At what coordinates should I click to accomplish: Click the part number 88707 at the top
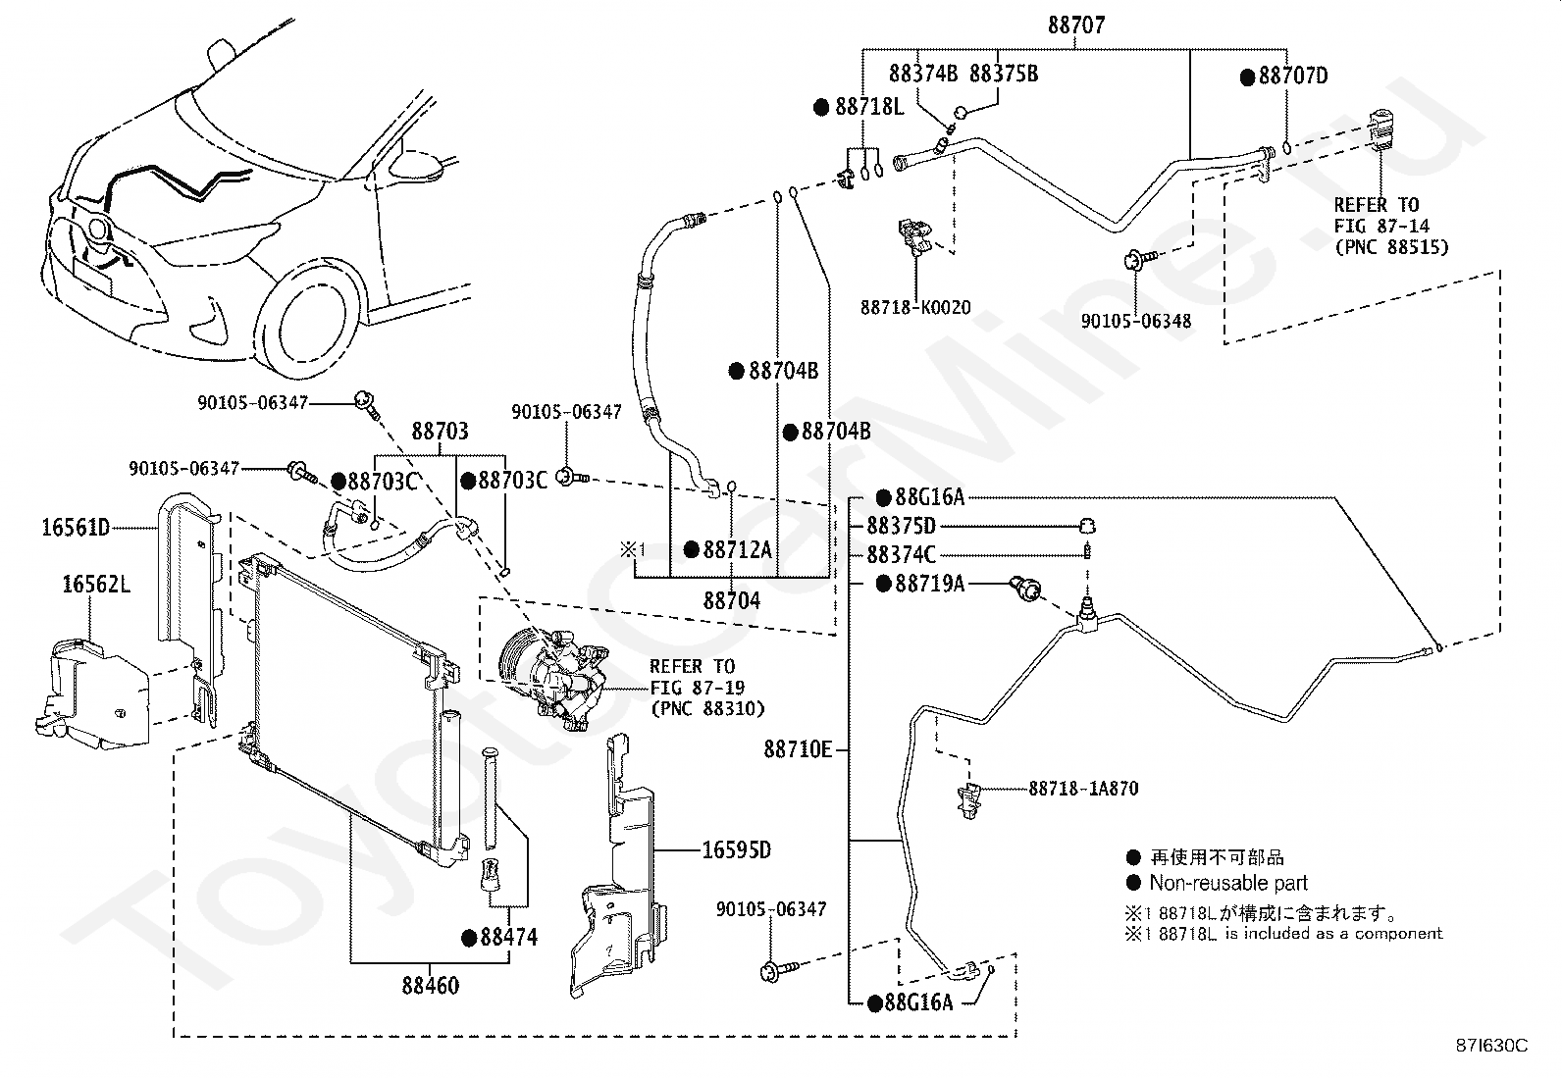(1075, 26)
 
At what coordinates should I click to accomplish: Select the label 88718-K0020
(915, 308)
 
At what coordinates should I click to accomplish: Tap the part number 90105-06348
(1136, 321)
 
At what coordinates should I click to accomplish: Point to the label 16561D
(76, 528)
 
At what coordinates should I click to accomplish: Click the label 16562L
(96, 586)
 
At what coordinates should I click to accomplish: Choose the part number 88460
(430, 984)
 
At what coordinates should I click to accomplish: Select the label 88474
(508, 938)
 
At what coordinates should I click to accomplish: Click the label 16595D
(736, 849)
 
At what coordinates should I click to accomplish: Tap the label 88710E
(798, 750)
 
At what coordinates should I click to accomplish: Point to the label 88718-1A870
(1083, 789)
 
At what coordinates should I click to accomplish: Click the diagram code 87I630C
(1491, 1046)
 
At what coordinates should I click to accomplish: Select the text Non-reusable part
(1228, 883)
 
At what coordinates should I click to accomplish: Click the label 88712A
(736, 550)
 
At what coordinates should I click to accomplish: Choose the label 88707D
(1292, 77)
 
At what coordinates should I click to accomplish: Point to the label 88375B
(1003, 75)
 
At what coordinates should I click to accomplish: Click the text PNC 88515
(1390, 247)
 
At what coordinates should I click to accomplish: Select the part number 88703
(440, 432)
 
